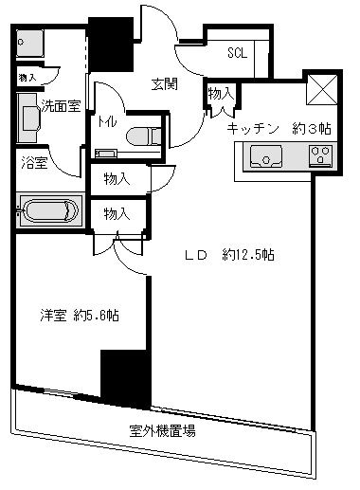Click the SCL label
238,54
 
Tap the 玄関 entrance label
165,83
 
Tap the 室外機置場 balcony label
162,431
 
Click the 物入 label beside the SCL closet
220,93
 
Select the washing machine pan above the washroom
30,45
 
